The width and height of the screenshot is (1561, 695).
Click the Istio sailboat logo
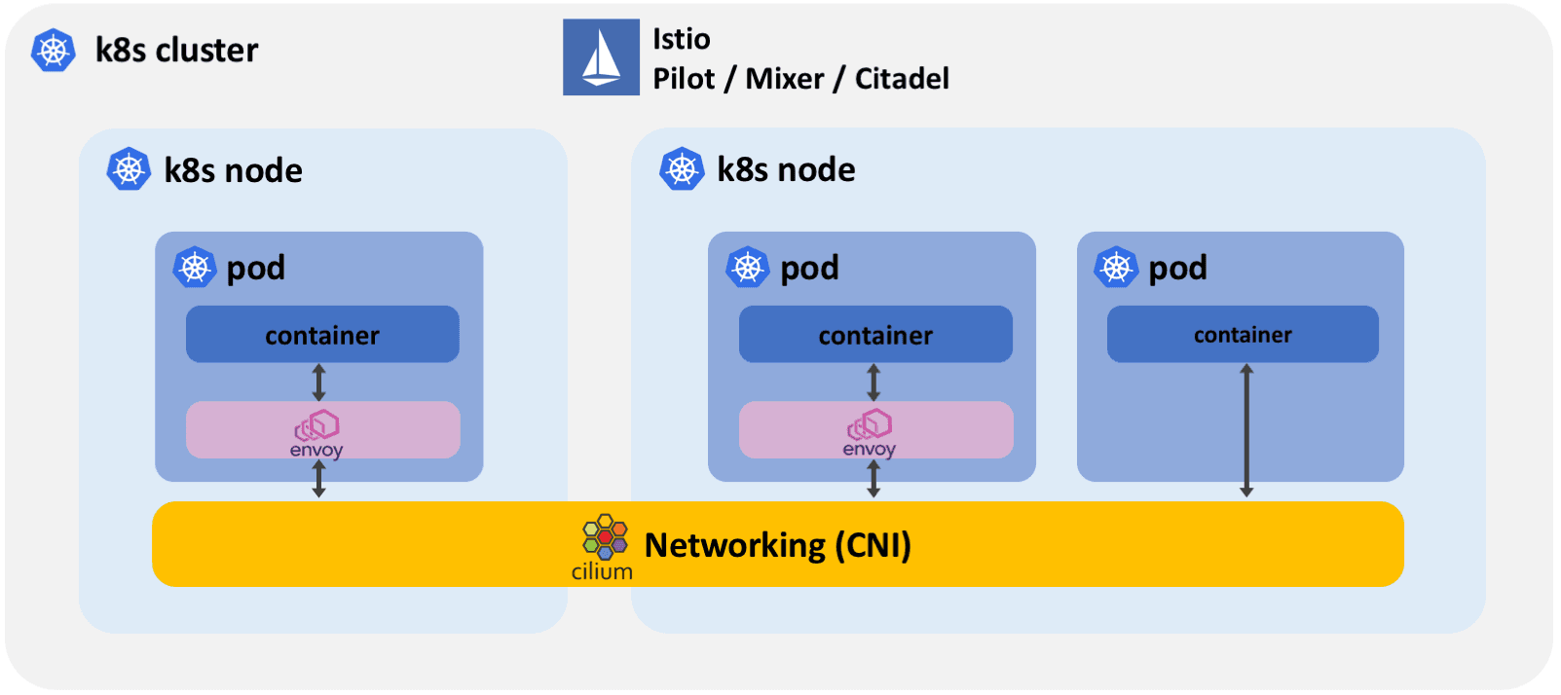point(601,57)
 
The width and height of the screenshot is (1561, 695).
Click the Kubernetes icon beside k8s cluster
point(54,51)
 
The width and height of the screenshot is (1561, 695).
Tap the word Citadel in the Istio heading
point(902,79)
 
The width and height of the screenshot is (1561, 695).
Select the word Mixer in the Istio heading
point(784,79)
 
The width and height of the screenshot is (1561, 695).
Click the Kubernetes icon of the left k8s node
point(129,169)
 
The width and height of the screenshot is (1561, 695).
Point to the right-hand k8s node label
point(785,169)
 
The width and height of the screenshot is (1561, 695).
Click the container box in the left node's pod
point(322,335)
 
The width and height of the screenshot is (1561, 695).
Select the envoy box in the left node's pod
point(322,430)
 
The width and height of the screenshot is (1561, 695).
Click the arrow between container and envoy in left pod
point(318,383)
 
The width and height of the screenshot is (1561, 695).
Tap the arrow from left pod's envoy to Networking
point(318,479)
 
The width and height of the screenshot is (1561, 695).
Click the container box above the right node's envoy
point(875,335)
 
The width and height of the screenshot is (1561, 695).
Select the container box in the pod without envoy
point(1243,335)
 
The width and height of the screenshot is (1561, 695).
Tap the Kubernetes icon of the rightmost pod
point(1116,267)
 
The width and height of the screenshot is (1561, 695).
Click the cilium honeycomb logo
point(605,536)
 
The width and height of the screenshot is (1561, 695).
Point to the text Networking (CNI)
point(777,545)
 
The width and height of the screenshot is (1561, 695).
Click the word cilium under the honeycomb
point(602,572)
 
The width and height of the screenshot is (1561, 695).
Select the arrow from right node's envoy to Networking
point(873,479)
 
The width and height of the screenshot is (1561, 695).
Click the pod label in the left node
point(255,268)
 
